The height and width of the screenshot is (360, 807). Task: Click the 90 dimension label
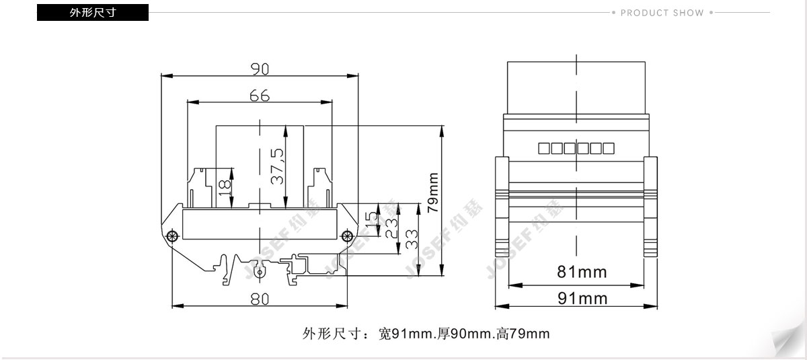260,69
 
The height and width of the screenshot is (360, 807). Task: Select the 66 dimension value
260,96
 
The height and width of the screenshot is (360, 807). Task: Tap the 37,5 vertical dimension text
277,166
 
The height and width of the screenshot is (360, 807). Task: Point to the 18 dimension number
225,188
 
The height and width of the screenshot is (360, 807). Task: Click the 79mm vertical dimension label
432,193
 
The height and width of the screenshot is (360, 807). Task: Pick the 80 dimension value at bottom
260,299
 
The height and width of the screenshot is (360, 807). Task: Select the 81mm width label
582,272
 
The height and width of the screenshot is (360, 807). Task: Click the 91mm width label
582,298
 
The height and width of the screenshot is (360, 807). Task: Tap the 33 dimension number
412,240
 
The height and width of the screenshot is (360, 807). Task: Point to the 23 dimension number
391,229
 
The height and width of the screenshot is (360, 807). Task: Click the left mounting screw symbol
173,236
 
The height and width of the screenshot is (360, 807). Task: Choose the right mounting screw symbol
347,236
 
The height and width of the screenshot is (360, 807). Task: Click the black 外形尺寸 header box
93,13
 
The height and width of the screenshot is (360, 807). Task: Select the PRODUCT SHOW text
662,13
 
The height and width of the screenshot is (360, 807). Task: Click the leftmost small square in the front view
543,149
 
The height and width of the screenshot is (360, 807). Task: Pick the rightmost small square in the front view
609,149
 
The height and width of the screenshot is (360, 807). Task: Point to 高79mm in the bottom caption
523,334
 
